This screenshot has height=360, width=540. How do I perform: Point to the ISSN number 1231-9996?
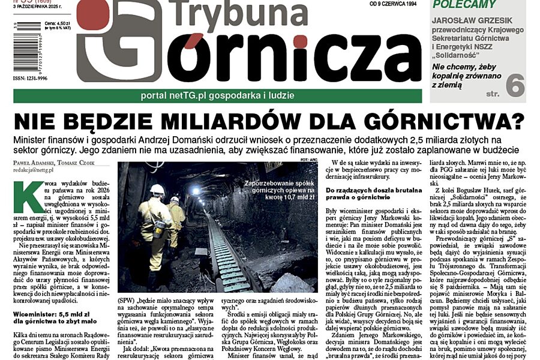coord(29,78)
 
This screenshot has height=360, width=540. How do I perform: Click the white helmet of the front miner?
coord(157,190)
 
